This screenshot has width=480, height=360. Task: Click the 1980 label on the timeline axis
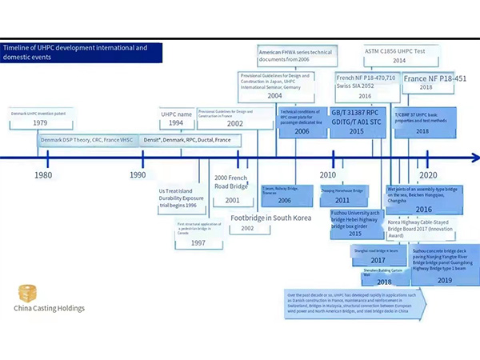coord(43,174)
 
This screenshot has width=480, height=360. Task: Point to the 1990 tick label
coord(138,174)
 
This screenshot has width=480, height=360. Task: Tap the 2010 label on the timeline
coord(328,174)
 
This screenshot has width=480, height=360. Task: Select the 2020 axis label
coord(429,174)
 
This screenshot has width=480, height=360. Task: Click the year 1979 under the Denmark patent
coord(40,123)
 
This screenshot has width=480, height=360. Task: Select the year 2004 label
coord(274,95)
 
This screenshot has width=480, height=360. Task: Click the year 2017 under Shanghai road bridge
coord(378,261)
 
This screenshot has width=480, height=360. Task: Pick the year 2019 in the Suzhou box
coord(444,281)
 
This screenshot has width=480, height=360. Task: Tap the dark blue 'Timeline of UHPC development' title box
coord(80,53)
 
